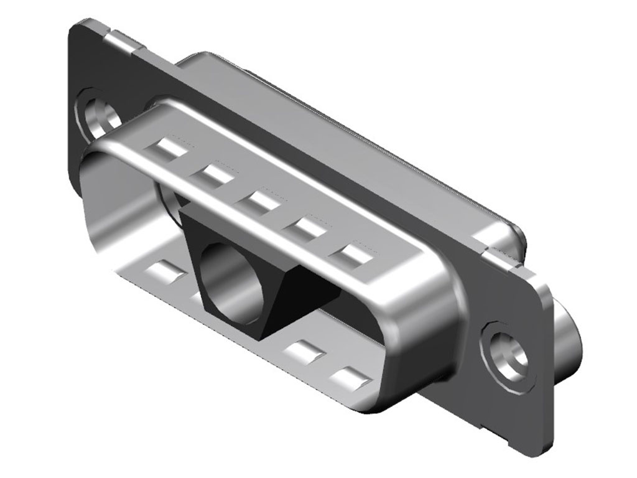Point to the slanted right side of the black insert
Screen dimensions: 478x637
291,299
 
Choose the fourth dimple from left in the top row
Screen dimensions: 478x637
306,229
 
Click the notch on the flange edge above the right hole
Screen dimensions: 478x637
504,255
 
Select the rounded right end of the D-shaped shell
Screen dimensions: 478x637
429,324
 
